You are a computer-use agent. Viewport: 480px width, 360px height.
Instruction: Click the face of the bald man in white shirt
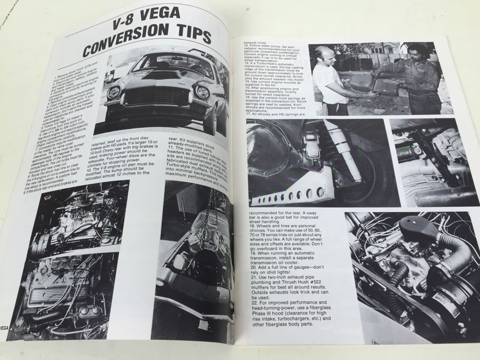coord(323,57)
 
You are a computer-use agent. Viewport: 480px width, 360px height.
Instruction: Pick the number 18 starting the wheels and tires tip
coord(252,226)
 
